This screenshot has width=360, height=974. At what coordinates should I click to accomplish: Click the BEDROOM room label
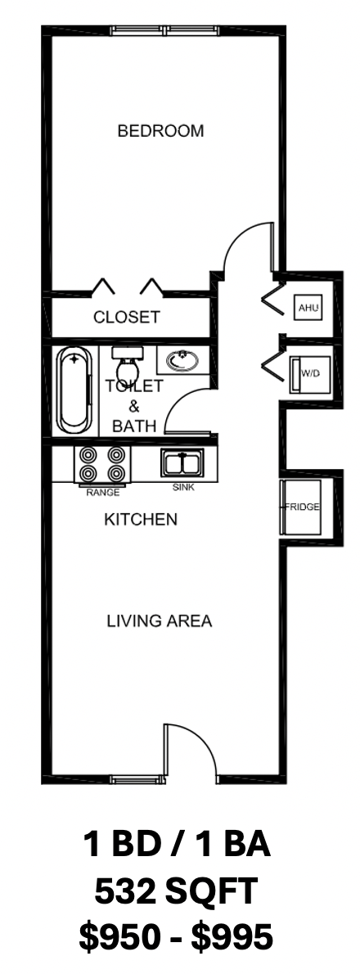point(160,131)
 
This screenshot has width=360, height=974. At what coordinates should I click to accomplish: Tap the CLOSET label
point(127,317)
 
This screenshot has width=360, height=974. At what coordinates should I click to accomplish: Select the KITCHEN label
point(140,519)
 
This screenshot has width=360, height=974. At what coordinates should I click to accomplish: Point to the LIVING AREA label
point(160,620)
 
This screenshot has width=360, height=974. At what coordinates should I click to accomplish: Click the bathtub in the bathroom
point(74,390)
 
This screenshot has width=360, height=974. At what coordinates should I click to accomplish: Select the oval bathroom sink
point(182,360)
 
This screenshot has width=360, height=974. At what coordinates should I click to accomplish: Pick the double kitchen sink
point(182,462)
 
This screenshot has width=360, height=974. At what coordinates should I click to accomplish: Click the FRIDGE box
point(302,507)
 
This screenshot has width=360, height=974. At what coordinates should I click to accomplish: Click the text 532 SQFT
point(176,892)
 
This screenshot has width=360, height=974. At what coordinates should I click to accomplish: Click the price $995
point(232,937)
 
